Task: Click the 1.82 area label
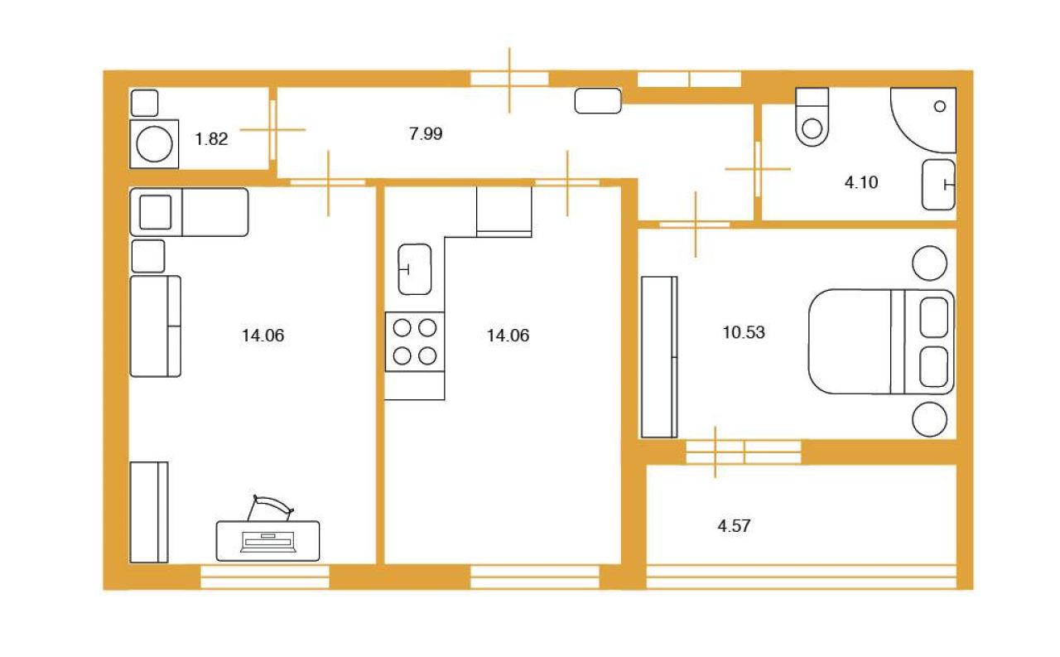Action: (x=211, y=138)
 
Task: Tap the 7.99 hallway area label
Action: (x=426, y=133)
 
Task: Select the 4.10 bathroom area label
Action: (x=860, y=182)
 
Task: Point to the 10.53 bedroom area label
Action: (x=744, y=332)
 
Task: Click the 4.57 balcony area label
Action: (x=734, y=526)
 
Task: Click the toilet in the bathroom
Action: (x=812, y=117)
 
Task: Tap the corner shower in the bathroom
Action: (x=923, y=120)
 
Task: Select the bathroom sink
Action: (x=938, y=185)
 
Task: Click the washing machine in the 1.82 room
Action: (x=154, y=144)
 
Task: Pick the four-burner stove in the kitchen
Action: (x=415, y=341)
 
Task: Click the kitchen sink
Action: (x=415, y=269)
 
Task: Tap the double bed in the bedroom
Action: (x=881, y=341)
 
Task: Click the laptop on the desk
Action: (x=268, y=542)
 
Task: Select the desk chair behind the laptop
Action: (x=271, y=507)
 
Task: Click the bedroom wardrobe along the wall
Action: (x=659, y=357)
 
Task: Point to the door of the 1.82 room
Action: (x=272, y=130)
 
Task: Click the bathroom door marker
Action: (x=758, y=169)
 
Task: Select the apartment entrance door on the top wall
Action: (x=509, y=80)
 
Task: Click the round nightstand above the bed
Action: (x=929, y=263)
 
